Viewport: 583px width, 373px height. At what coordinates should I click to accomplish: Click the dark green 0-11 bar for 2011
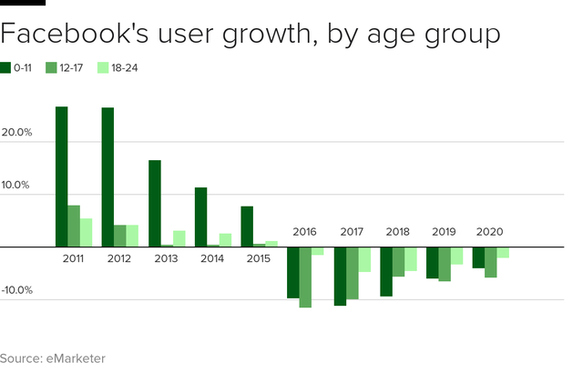[x=61, y=176]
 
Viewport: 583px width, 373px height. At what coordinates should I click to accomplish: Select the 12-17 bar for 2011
[x=74, y=226]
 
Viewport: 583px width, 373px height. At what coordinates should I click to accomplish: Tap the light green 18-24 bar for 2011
[x=87, y=232]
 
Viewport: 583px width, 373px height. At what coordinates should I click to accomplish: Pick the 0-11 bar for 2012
[x=107, y=177]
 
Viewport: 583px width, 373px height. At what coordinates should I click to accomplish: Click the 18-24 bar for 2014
[x=225, y=240]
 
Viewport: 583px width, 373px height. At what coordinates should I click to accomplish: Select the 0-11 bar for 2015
[x=247, y=227]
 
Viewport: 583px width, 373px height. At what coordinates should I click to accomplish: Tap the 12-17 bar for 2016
[x=305, y=277]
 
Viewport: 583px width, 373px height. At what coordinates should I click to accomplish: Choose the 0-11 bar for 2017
[x=340, y=276]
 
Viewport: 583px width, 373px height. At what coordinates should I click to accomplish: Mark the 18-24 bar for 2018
[x=411, y=259]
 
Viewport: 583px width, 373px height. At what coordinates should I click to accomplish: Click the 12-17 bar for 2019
[x=445, y=264]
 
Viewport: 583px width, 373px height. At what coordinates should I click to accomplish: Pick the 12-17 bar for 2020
[x=491, y=262]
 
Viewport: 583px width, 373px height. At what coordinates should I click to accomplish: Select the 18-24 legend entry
[x=116, y=67]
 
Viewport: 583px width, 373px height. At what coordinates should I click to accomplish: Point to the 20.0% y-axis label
[x=17, y=133]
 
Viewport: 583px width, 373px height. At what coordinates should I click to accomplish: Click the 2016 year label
[x=305, y=232]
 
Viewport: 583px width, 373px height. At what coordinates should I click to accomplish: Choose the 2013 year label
[x=167, y=258]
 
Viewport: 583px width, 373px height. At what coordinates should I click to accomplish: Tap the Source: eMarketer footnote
[x=53, y=358]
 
